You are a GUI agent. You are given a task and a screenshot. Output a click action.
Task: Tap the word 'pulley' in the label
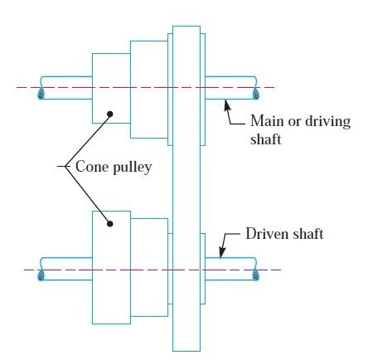coord(133,168)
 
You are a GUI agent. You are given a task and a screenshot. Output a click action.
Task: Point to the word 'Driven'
coord(263,234)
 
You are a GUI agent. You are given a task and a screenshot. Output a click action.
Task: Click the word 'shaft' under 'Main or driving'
coord(265,139)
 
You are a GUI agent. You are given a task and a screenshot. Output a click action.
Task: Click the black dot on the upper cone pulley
coord(110,114)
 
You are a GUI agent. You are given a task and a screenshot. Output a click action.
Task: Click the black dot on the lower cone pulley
coord(110,224)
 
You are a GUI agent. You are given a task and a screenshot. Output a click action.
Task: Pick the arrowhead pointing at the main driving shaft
coord(227,105)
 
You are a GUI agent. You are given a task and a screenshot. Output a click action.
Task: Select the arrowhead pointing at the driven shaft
coord(222,252)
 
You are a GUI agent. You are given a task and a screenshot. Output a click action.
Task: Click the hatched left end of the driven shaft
coord(41,275)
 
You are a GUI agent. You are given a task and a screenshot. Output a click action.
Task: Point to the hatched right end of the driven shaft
coord(256,275)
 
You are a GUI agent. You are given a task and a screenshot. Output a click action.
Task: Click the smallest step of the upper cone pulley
coord(111,88)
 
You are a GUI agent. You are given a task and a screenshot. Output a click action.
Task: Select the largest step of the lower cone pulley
coord(111,267)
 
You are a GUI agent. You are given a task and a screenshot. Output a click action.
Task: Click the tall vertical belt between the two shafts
coord(186,188)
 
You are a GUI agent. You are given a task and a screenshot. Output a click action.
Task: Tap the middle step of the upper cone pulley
coord(149,90)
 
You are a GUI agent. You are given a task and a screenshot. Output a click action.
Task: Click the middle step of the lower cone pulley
coord(149,267)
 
